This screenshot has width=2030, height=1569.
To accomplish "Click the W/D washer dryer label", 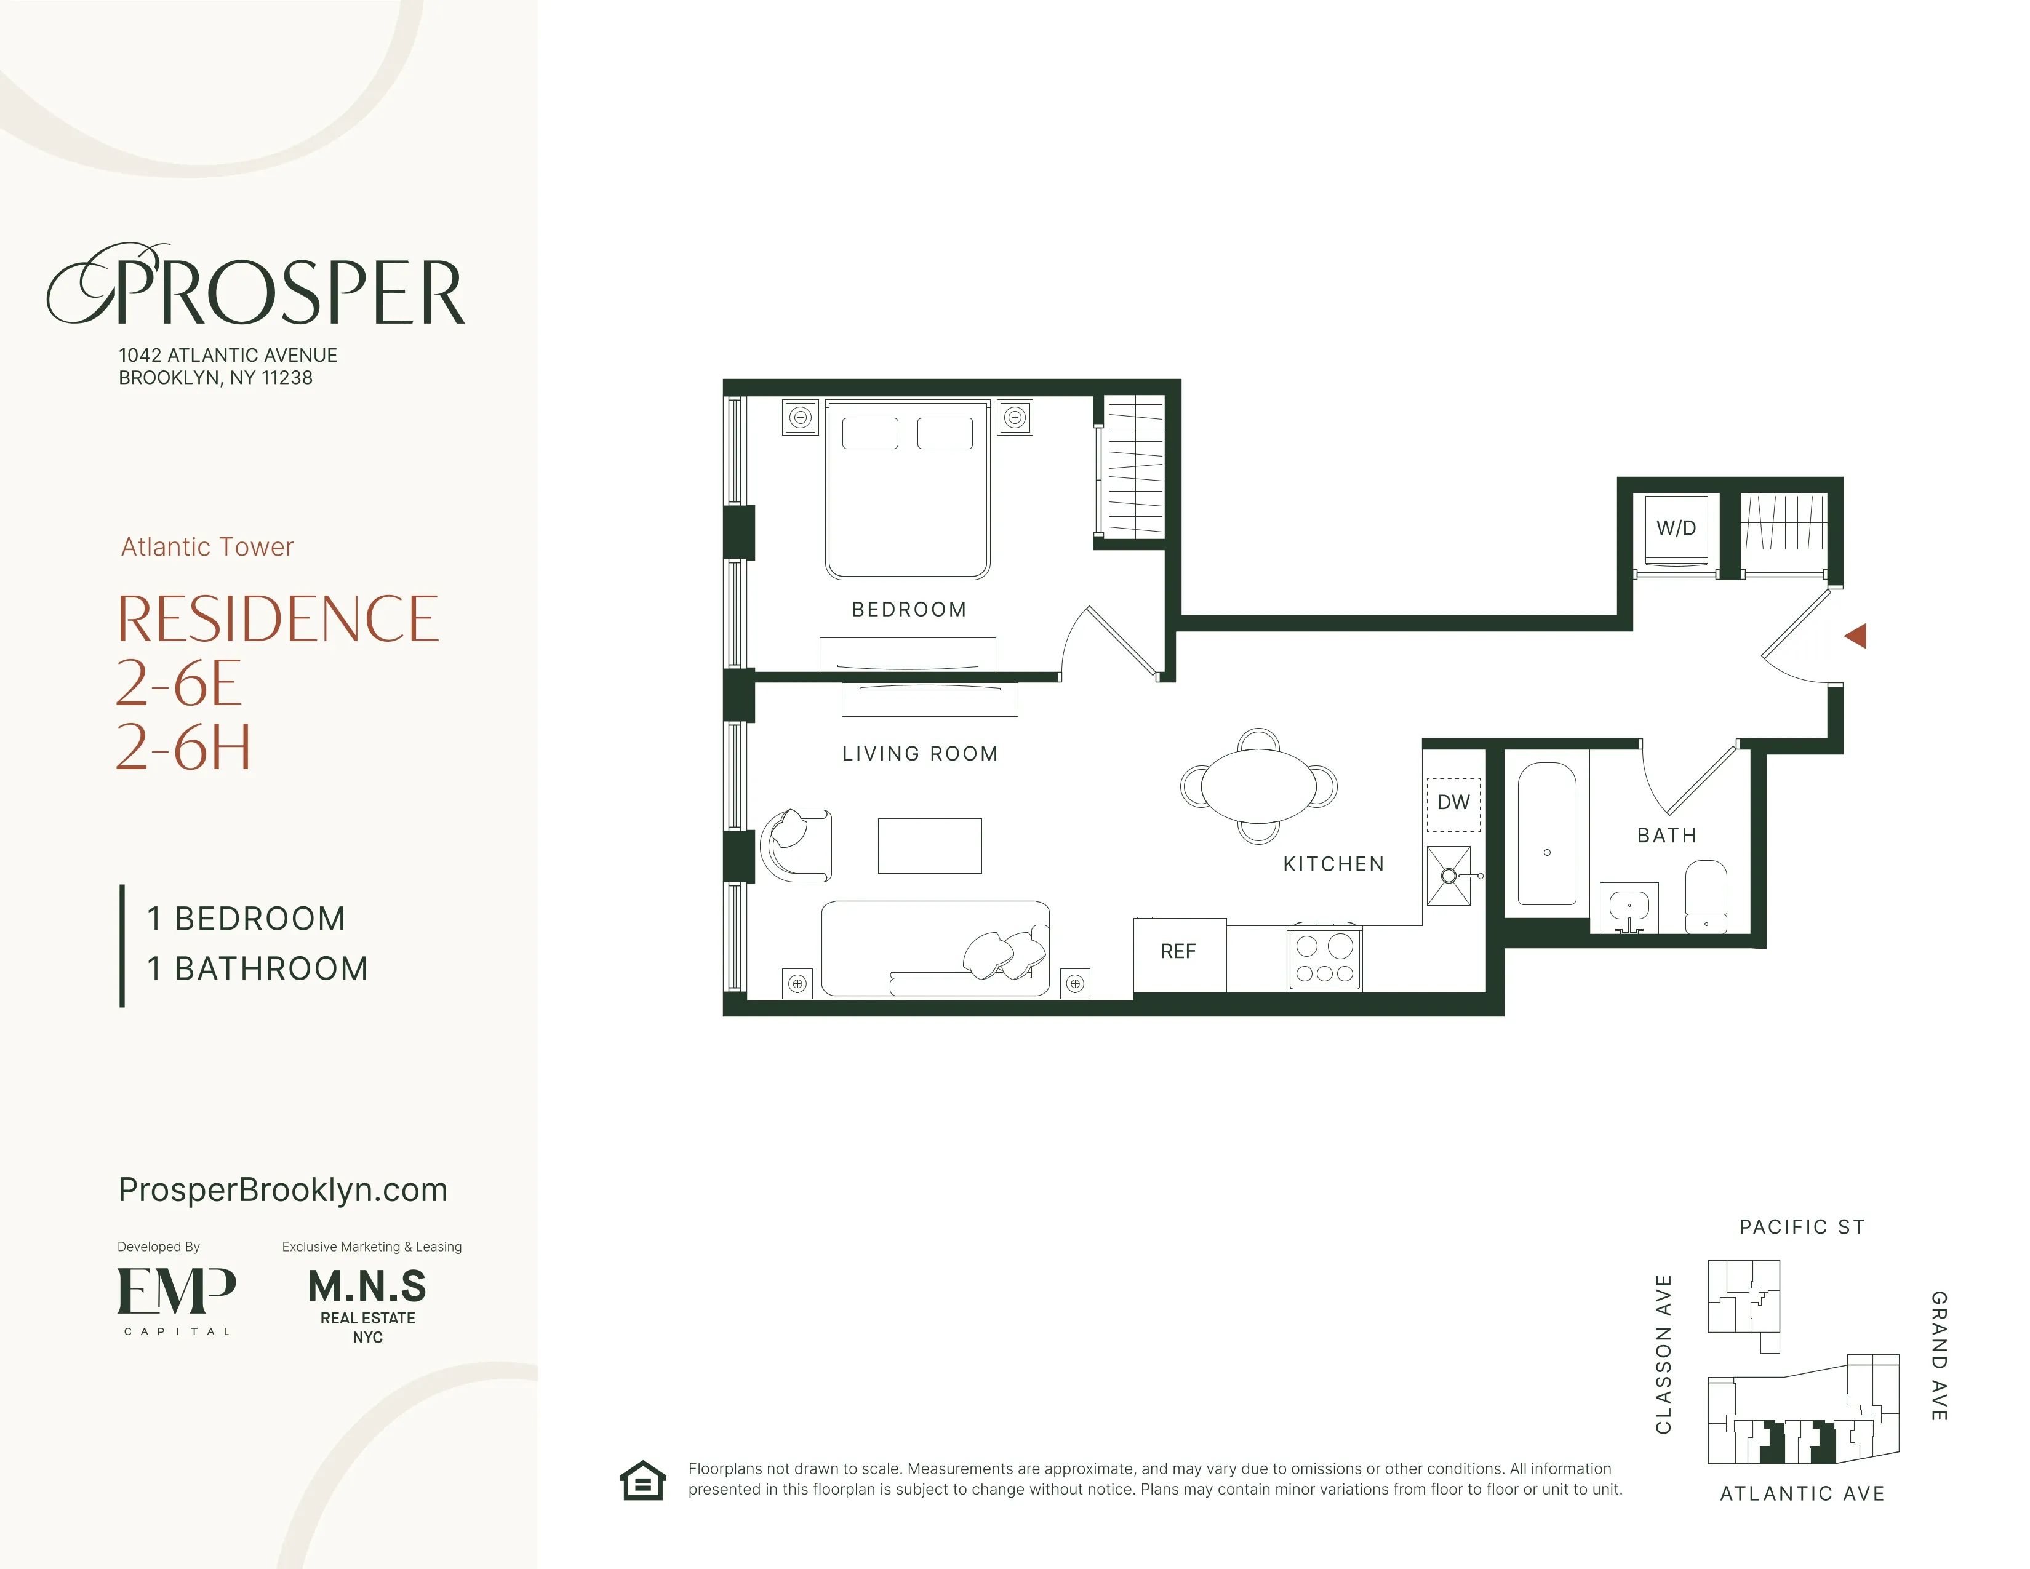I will pyautogui.click(x=1676, y=528).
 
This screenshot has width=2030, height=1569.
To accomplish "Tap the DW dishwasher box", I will pyautogui.click(x=1453, y=803).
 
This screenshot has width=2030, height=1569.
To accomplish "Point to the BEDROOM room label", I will pyautogui.click(x=909, y=610).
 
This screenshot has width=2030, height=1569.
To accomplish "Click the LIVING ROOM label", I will pyautogui.click(x=919, y=754).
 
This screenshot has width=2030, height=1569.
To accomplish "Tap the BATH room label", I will pyautogui.click(x=1666, y=836).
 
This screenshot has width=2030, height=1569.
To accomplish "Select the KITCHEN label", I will pyautogui.click(x=1333, y=864).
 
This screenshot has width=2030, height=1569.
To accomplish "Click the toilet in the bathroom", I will pyautogui.click(x=1706, y=896).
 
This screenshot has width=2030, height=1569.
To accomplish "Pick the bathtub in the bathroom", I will pyautogui.click(x=1547, y=834).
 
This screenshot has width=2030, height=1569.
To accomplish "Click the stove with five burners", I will pyautogui.click(x=1325, y=958).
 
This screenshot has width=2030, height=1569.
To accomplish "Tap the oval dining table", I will pyautogui.click(x=1258, y=786).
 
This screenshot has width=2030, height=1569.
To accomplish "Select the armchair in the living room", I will pyautogui.click(x=796, y=845).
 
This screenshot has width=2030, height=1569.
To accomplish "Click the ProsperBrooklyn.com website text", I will pyautogui.click(x=282, y=1190).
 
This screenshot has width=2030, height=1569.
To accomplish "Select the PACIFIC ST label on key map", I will pyautogui.click(x=1801, y=1227).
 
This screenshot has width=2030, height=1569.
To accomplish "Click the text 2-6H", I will pyautogui.click(x=183, y=748).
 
